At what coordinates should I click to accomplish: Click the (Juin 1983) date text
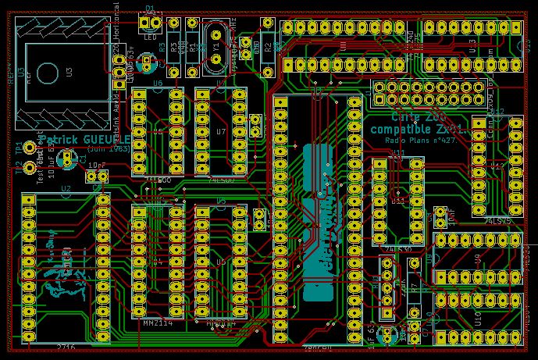coord(109,148)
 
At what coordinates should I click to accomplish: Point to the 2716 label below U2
coord(66,346)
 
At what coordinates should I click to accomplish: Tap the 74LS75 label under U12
coord(497,221)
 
